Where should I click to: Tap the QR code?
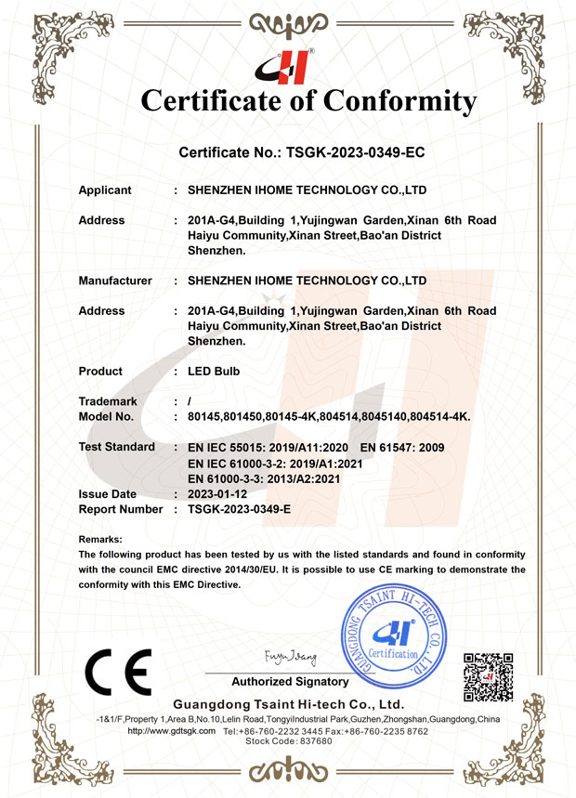pos(488,677)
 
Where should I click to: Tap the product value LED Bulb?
pos(214,371)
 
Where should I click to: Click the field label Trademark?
pos(108,401)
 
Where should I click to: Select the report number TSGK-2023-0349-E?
pos(240,509)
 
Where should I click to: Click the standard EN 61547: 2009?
pos(401,448)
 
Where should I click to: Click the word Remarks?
pos(100,539)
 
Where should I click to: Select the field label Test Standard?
pos(117,447)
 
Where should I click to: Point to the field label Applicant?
pos(105,190)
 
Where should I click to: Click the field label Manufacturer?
pos(115,280)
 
